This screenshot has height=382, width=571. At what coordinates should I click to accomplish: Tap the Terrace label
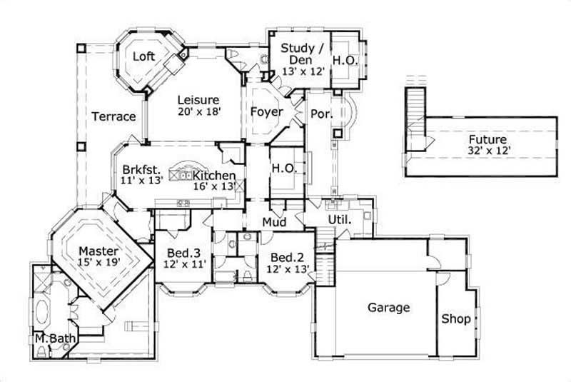113,116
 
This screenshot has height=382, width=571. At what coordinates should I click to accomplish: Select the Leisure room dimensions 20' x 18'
198,111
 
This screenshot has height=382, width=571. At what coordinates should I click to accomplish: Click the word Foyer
266,112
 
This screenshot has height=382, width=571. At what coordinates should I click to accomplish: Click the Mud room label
274,223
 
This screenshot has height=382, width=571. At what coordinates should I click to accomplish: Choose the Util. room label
339,219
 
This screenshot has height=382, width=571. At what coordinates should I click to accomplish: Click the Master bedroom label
98,251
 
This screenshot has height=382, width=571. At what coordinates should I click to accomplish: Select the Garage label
388,308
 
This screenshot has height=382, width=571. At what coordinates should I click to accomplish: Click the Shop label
455,318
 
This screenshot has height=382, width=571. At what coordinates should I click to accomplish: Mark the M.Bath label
51,338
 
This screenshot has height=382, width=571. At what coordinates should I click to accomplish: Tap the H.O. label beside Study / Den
345,61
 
